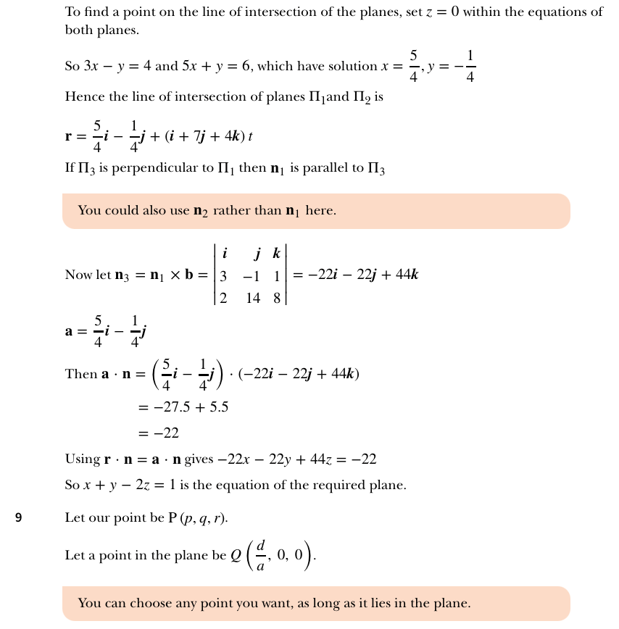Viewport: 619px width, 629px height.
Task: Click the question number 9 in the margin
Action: click(x=19, y=518)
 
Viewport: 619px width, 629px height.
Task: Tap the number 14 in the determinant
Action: click(x=252, y=298)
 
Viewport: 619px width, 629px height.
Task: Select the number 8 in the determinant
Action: click(x=276, y=298)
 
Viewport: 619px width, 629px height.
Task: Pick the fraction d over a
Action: click(x=261, y=555)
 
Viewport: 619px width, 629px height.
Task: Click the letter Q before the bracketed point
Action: click(x=236, y=556)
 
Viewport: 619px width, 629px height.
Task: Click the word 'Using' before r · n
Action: click(x=82, y=459)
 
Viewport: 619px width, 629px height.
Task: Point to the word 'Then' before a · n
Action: click(x=80, y=374)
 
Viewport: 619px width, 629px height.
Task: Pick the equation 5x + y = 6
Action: click(x=216, y=66)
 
